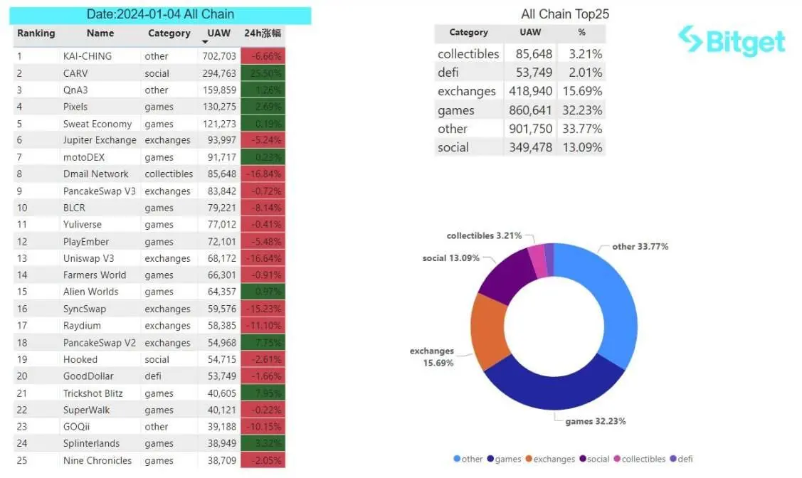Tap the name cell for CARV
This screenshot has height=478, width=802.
pos(75,73)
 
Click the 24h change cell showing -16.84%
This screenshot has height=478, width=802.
pos(263,174)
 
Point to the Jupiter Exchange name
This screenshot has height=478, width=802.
pos(100,140)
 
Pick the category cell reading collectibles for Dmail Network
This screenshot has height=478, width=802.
pos(169,174)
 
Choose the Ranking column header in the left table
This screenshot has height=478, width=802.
pos(36,33)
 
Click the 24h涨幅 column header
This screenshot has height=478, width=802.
pos(263,33)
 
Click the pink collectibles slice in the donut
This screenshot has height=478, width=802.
pos(537,262)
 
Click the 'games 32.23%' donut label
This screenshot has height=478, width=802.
pos(595,422)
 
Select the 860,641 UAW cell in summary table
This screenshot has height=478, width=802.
pos(530,110)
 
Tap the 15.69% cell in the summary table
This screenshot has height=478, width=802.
pos(581,91)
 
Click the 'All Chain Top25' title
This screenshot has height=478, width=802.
pos(565,14)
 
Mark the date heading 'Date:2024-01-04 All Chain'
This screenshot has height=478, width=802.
pos(160,14)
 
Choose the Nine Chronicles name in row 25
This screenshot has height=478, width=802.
pos(97,461)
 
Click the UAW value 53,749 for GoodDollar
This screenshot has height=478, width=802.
pos(220,376)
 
